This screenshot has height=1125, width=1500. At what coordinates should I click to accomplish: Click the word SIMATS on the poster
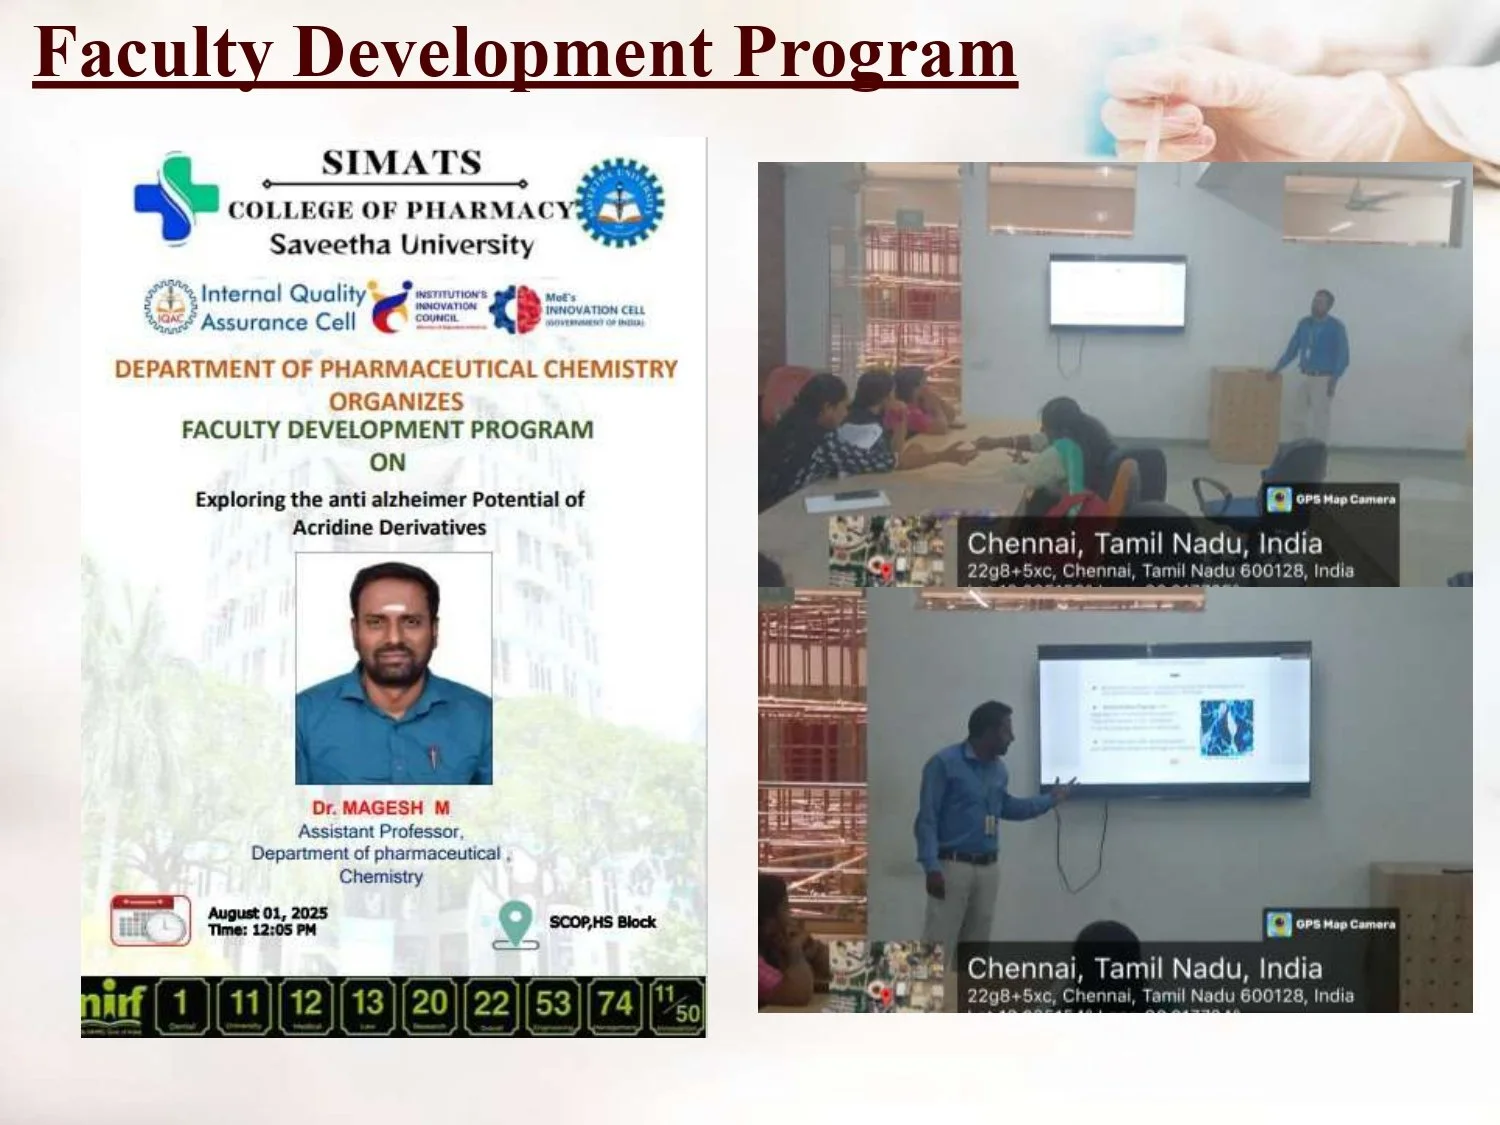(x=401, y=163)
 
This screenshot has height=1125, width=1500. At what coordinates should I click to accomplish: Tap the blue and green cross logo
(x=176, y=197)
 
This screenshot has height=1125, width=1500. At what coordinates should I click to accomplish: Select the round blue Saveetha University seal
(x=620, y=202)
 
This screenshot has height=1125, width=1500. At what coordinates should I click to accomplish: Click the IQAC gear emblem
(x=171, y=307)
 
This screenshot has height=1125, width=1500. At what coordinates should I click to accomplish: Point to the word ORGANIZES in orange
(x=396, y=401)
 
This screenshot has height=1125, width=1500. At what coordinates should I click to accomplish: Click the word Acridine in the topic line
(x=331, y=527)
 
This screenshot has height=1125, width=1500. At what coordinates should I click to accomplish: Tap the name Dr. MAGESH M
(x=380, y=807)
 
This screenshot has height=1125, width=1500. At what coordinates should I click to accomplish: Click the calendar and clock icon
(x=150, y=920)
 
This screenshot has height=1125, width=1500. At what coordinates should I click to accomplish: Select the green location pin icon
(x=515, y=924)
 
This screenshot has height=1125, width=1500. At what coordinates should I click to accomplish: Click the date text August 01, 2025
(x=267, y=913)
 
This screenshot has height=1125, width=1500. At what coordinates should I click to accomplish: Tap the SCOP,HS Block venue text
(x=602, y=922)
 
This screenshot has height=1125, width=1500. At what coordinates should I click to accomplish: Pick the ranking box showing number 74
(x=615, y=1005)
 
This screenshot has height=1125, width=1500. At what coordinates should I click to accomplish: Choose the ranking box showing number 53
(x=553, y=1005)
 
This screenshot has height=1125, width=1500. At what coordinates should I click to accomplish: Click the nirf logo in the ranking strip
(x=113, y=1005)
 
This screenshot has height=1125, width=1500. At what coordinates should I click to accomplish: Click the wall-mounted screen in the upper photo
(x=1117, y=292)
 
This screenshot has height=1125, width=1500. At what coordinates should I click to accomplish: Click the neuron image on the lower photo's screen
(x=1226, y=727)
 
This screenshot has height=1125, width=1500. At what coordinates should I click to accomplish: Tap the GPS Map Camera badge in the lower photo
(x=1331, y=924)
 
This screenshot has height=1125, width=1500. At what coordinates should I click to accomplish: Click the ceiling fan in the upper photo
(x=1374, y=198)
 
